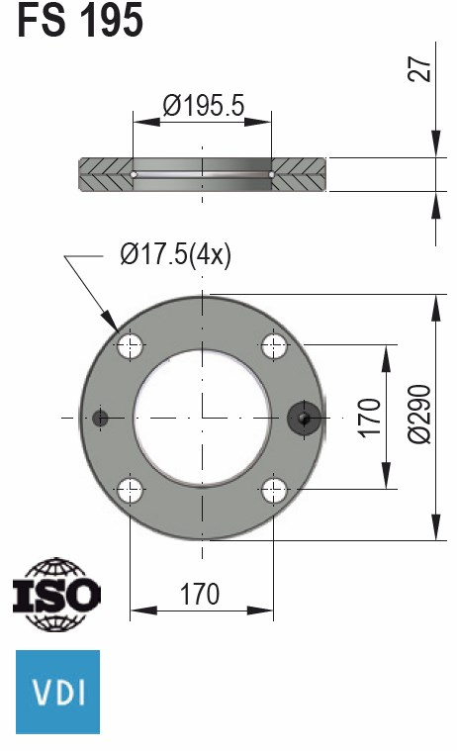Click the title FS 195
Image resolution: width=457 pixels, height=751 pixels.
(x=80, y=21)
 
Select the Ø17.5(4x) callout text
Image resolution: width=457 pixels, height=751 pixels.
(x=175, y=255)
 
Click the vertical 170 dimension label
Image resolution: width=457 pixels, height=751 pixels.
(x=368, y=418)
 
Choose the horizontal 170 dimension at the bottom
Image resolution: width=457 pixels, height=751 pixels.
(x=201, y=594)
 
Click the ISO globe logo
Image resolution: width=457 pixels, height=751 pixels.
(x=56, y=595)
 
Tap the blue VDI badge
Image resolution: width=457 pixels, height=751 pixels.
(x=57, y=691)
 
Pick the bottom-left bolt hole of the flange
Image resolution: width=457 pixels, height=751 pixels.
(x=131, y=489)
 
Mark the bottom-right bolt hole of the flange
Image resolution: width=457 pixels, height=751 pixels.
(x=274, y=489)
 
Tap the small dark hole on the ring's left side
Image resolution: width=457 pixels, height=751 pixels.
(x=99, y=418)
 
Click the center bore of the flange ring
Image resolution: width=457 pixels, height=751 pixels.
(x=203, y=418)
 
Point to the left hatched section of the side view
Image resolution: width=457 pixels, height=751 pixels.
(x=105, y=175)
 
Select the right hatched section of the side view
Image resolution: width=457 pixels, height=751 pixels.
(x=300, y=175)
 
